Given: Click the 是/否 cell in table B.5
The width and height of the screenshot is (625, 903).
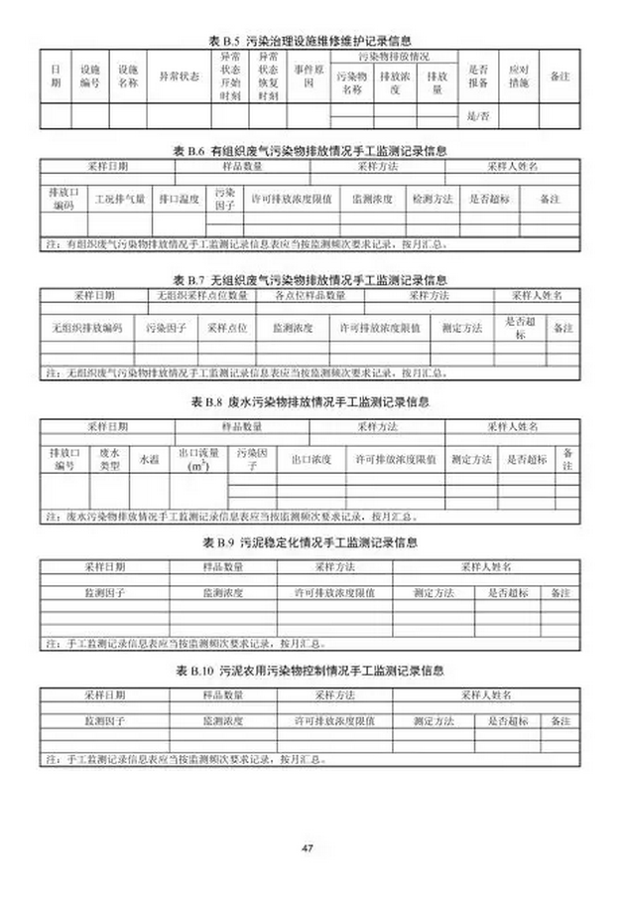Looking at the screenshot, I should (x=478, y=117).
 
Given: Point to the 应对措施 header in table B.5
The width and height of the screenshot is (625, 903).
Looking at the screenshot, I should (x=519, y=75).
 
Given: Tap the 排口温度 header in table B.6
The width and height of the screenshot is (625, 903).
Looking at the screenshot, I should (x=181, y=199).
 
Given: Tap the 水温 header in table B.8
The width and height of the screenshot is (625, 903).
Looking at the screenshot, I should (x=149, y=460).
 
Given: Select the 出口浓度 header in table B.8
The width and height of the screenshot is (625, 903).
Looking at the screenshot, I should (x=311, y=460).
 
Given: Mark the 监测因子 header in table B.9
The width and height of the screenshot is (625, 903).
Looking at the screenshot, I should (x=104, y=592).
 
